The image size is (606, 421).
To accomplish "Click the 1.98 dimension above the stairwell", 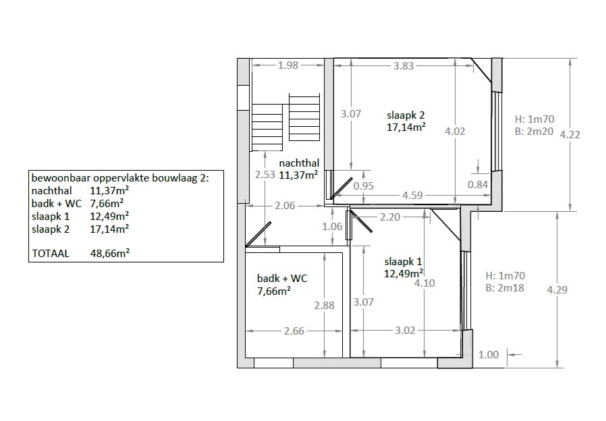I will click(288, 65).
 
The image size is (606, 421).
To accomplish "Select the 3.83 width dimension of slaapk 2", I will click(404, 65).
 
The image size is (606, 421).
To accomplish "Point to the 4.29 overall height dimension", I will click(557, 289).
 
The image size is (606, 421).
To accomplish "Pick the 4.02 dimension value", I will click(455, 132).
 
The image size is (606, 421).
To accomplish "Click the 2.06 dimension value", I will click(284, 206).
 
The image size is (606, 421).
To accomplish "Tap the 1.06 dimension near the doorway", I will click(333, 227).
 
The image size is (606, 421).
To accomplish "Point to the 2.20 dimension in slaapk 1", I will click(390, 217).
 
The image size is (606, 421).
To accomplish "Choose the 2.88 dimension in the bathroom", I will click(325, 306).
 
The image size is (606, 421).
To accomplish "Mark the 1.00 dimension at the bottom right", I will click(489, 354).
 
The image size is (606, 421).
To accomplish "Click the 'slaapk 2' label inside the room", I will click(406, 113).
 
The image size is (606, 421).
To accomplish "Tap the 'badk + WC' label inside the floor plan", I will click(281, 278).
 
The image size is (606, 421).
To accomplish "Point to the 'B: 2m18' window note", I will click(505, 288).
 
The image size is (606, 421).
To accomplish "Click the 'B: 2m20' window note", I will click(534, 132).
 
